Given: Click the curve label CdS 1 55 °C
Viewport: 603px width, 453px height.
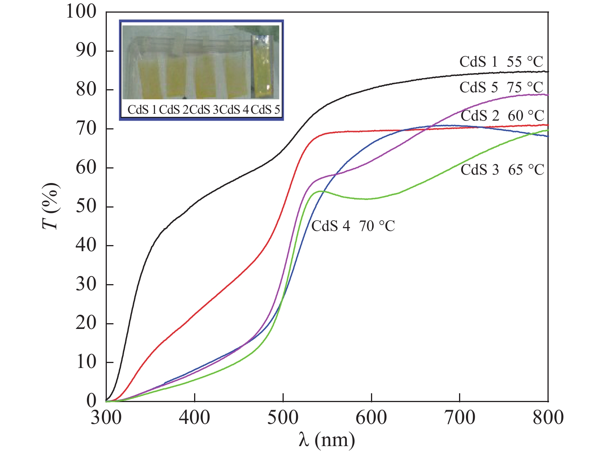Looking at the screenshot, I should pos(501,62).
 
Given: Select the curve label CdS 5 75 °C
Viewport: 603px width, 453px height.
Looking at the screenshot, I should pos(501,87).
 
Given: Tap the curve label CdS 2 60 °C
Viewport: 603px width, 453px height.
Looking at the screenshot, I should pos(502,115).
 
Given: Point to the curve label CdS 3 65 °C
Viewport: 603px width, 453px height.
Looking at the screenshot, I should pos(502,170).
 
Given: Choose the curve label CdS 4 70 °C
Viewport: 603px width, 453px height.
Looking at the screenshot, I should pos(353,226).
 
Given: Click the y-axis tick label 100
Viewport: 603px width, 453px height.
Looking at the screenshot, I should pos(81,11).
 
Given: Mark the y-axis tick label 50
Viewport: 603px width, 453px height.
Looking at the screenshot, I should pos(86,206).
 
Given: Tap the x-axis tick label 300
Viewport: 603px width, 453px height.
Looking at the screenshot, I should pos(106,417).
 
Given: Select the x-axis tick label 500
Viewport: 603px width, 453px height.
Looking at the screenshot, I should pos(283,417).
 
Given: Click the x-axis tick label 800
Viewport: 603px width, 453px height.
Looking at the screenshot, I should pos(548,417).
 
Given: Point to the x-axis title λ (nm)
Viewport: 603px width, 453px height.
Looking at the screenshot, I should pos(327,440).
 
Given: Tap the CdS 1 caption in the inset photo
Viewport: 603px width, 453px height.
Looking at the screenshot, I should pos(142,110).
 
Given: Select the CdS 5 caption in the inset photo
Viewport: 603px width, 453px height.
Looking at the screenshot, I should pos(266,110).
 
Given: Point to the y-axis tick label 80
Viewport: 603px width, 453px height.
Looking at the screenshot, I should pos(86,90).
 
